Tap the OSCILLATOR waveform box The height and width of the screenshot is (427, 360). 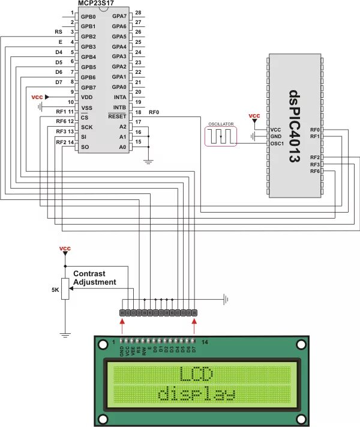click(221, 136)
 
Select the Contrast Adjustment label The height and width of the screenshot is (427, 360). click(95, 277)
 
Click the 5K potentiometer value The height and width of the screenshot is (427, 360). click(55, 291)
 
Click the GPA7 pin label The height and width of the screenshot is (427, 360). click(119, 16)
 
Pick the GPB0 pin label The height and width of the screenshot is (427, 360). click(88, 16)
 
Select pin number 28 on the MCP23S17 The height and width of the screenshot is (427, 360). click(137, 13)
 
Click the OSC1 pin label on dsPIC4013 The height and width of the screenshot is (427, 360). click(276, 144)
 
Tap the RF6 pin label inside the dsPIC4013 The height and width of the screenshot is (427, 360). click(315, 172)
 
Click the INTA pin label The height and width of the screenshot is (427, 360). click(119, 97)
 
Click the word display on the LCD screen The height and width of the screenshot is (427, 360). click(196, 395)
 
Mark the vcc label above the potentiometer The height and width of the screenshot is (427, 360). click(65, 248)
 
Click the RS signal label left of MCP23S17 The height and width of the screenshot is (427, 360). click(58, 32)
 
